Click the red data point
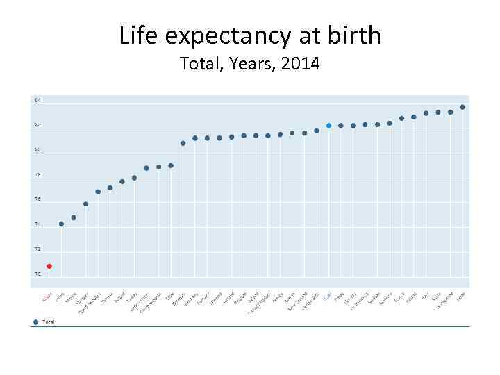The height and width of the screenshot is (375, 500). pyautogui.click(x=49, y=266)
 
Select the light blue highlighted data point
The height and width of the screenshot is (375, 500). pyautogui.click(x=328, y=126)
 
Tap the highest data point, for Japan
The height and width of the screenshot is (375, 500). pyautogui.click(x=462, y=107)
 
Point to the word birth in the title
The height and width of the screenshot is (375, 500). pyautogui.click(x=355, y=35)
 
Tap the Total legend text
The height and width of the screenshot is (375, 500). pyautogui.click(x=49, y=322)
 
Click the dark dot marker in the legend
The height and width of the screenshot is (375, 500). pyautogui.click(x=36, y=322)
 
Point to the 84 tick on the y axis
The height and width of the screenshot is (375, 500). pyautogui.click(x=38, y=101)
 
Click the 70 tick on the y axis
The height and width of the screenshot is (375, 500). pyautogui.click(x=38, y=274)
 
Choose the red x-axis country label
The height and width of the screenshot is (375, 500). pyautogui.click(x=47, y=298)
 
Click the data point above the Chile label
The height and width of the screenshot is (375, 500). pyautogui.click(x=171, y=165)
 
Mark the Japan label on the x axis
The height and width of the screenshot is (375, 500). pyautogui.click(x=460, y=297)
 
